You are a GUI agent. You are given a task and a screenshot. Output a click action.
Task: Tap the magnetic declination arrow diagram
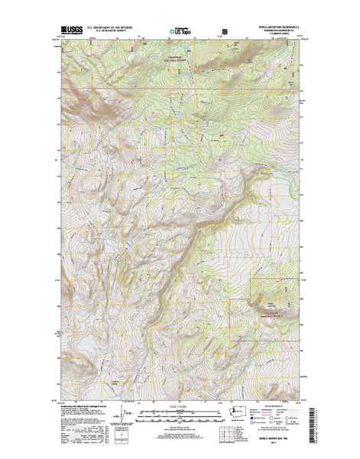[117, 414]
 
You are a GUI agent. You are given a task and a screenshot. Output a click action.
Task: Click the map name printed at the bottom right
[284, 442]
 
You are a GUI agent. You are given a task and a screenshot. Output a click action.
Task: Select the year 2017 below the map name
[284, 448]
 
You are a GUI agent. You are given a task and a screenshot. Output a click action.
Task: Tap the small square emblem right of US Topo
[225, 31]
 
